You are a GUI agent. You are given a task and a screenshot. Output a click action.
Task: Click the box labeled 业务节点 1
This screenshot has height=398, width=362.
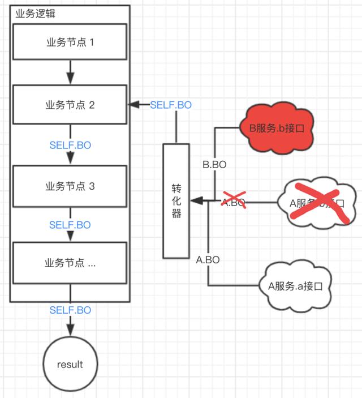[70, 42]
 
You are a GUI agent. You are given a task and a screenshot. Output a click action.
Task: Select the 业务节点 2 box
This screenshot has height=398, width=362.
[70, 105]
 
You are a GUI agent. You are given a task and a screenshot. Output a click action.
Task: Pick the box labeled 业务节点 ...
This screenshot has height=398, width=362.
[70, 263]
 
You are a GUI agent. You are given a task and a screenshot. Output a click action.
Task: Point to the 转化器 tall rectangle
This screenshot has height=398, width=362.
[176, 201]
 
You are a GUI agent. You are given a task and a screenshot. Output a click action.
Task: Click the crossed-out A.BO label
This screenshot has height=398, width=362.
[233, 202]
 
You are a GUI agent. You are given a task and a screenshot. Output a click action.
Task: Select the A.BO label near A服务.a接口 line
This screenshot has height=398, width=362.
[208, 260]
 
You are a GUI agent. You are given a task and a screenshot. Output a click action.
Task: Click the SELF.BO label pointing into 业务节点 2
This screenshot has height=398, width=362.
[171, 105]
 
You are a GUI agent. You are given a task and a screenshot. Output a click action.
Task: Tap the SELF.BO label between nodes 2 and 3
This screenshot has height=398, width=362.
[70, 145]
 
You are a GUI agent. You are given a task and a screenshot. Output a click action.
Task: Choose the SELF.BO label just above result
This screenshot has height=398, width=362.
[70, 310]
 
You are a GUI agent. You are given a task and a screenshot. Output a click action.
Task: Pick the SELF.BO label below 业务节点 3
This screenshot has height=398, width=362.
[70, 225]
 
